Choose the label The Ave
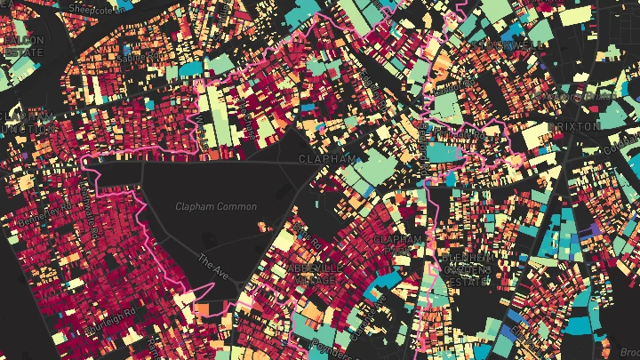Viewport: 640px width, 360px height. [213, 266]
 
